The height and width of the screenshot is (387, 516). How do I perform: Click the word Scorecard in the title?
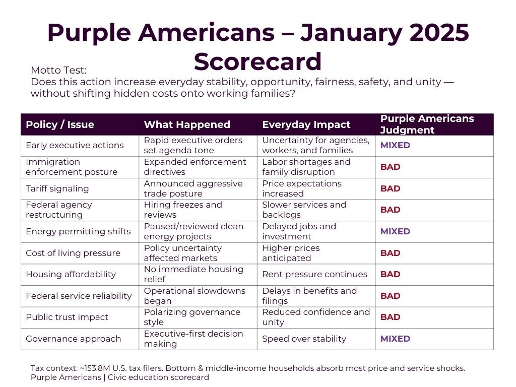[257, 61]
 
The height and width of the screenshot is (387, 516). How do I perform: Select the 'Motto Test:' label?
[59, 71]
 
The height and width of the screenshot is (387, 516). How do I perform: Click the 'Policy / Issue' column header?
[60, 125]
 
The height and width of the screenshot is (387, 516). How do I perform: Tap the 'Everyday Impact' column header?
[306, 125]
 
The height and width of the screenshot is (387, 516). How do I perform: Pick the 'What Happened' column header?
[187, 125]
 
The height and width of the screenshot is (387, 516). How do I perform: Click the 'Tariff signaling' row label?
[57, 188]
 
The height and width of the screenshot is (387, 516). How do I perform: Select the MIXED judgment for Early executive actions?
[395, 145]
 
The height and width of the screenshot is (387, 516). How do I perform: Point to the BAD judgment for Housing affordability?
[390, 274]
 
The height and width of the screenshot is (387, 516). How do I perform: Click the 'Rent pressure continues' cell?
[314, 274]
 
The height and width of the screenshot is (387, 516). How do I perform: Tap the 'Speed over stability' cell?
[304, 339]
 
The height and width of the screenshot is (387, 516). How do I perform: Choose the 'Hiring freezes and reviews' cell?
[183, 210]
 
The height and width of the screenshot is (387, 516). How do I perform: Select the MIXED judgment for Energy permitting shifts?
[395, 231]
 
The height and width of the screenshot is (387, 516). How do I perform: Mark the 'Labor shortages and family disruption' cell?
[306, 167]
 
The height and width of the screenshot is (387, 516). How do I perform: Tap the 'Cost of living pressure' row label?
[73, 253]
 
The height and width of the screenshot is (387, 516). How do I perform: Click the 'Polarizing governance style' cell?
[192, 317]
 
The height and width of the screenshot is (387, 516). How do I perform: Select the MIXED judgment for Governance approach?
[395, 339]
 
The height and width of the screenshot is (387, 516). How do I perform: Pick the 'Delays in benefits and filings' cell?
[309, 296]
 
